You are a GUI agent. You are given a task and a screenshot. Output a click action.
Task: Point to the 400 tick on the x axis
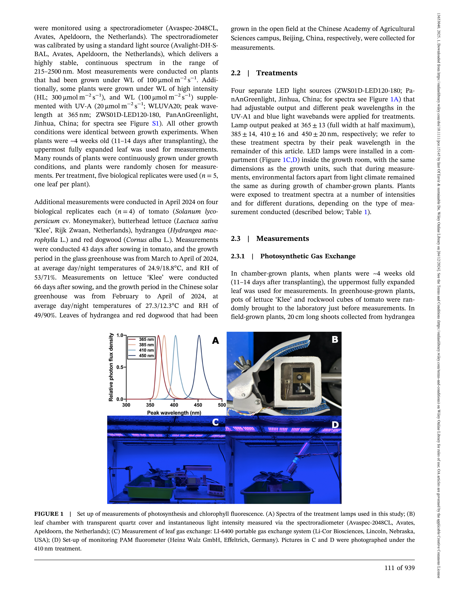click(174, 405)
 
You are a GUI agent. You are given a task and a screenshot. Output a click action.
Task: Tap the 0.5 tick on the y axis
click(120, 367)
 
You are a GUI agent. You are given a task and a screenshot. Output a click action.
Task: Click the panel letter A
click(215, 341)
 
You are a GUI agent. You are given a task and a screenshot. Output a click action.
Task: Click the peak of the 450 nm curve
click(199, 336)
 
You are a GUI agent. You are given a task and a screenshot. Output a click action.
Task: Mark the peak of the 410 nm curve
click(176, 336)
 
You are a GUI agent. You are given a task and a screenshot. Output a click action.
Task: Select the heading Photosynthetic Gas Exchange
click(308, 256)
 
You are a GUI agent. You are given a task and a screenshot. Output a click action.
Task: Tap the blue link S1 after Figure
click(155, 123)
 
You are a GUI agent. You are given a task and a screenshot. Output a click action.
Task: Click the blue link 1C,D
click(290, 160)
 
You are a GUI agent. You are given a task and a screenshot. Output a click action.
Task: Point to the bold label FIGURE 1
click(49, 514)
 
